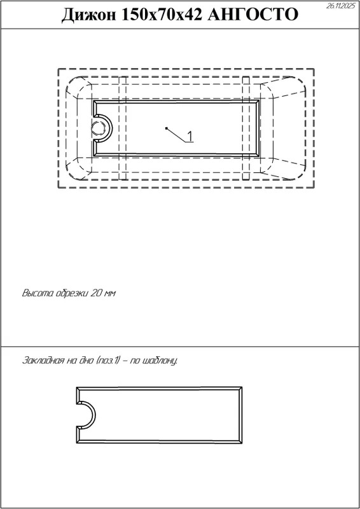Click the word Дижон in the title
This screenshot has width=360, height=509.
tap(88, 15)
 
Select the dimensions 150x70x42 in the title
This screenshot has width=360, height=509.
tap(162, 15)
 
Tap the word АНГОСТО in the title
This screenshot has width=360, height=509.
tap(253, 15)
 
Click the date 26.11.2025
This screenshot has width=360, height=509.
tap(341, 6)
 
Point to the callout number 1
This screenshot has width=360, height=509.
tap(190, 136)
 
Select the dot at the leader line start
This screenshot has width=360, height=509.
tap(166, 129)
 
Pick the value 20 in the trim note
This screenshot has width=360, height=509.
tap(97, 293)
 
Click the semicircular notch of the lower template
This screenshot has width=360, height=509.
tap(95, 415)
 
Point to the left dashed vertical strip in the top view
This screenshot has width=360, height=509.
tap(122, 128)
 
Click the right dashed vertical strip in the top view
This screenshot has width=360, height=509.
tap(246, 128)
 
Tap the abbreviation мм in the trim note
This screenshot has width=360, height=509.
tap(110, 294)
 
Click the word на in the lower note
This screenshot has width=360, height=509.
tap(71, 361)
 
